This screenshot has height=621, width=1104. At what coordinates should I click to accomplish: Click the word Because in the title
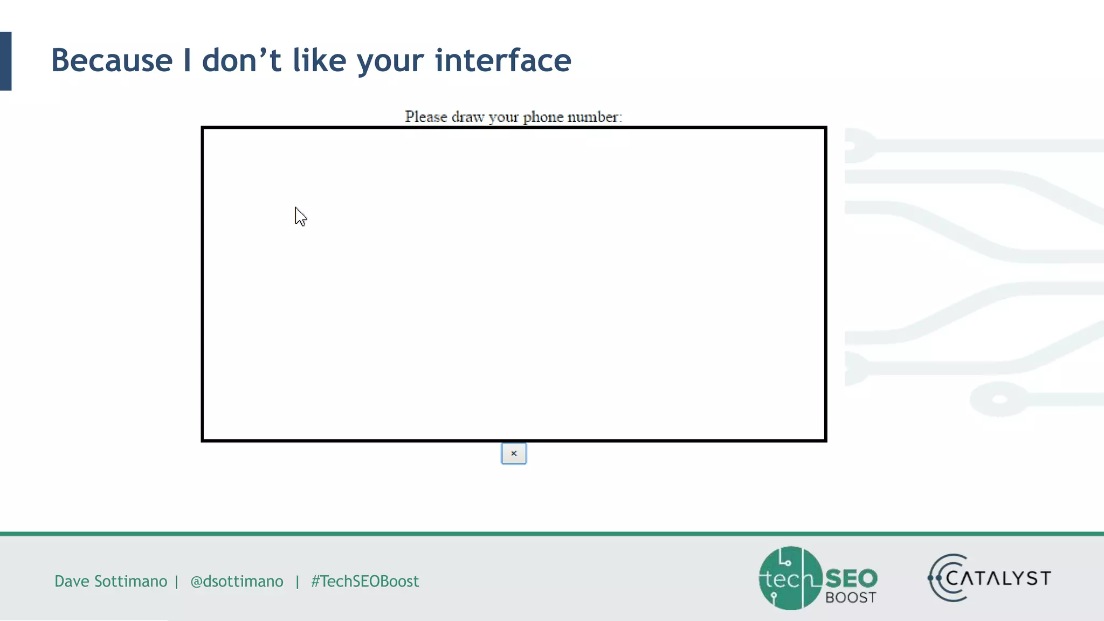tap(112, 60)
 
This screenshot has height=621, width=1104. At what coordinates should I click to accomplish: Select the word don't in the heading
tap(241, 60)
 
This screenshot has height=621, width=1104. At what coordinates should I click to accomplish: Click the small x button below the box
tap(514, 453)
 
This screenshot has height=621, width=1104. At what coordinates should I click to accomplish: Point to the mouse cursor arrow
tap(300, 216)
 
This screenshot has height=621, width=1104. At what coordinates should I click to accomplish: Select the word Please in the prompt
tap(426, 116)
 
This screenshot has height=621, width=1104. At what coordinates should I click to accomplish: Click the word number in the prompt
tap(594, 116)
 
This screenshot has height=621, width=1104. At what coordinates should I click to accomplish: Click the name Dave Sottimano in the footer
tap(111, 581)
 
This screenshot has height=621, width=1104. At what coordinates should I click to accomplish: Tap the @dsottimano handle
tap(237, 581)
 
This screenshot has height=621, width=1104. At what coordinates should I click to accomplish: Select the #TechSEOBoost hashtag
tap(365, 581)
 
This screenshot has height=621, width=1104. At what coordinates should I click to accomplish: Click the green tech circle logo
tap(789, 578)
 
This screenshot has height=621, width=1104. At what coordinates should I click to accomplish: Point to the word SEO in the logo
tap(851, 578)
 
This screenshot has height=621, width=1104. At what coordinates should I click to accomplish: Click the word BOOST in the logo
tap(851, 598)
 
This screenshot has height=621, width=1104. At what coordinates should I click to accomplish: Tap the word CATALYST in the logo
tap(998, 578)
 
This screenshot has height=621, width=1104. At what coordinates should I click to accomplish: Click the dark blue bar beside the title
tap(5, 61)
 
